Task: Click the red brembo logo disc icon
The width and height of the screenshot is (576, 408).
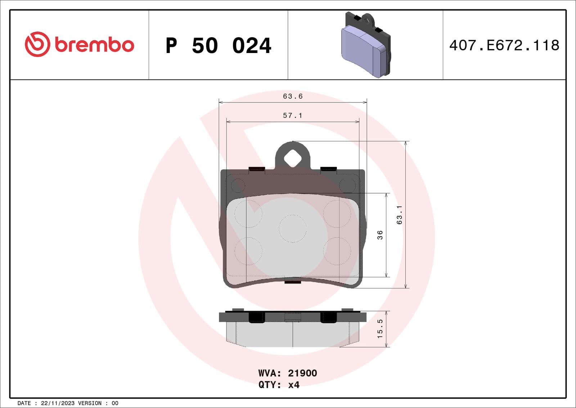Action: pos(37,44)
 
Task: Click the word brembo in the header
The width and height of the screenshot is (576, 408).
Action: pos(94,45)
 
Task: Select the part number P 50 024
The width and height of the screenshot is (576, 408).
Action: pos(218,46)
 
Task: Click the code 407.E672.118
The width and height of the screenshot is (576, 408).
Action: pos(504,45)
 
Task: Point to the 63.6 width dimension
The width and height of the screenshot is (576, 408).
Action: pos(293,96)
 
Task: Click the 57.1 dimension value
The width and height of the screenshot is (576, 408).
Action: pos(292,115)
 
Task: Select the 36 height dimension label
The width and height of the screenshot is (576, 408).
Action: pos(380,235)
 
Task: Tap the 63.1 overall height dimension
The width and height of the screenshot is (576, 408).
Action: pos(399,215)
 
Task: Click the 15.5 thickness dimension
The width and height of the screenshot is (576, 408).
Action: pos(380,329)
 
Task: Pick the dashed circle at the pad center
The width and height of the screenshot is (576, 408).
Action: pos(292,229)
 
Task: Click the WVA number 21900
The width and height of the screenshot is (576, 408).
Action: pos(302,373)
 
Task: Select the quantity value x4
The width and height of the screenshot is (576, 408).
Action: pos(294,385)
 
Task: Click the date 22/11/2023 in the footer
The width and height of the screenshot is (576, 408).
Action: pos(58,403)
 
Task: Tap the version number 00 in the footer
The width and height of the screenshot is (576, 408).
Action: pos(115,403)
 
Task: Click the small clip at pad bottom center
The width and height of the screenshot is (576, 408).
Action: pos(293,281)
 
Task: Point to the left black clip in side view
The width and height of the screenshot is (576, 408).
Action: pos(257,317)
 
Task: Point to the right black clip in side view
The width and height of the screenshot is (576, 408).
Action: pos(328,317)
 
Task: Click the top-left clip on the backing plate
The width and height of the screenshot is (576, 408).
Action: pos(257,169)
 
